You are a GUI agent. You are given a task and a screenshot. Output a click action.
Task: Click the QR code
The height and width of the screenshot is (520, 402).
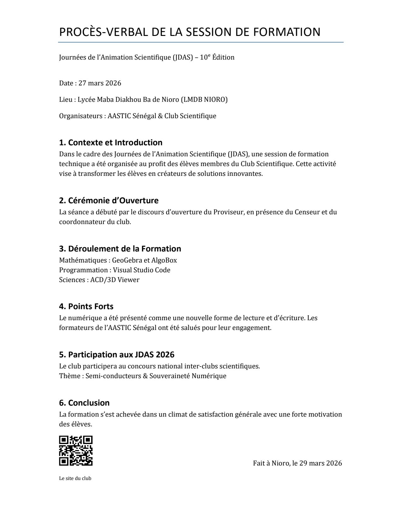point(76,451)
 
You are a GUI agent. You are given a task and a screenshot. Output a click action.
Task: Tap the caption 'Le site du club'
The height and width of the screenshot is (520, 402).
point(75,478)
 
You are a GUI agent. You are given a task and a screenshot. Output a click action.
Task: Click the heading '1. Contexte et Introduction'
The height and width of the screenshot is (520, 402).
point(111,142)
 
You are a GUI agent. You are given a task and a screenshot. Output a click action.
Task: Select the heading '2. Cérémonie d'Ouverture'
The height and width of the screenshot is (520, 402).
point(109,200)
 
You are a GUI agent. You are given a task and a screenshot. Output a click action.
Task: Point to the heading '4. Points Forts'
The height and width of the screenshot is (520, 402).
point(86,306)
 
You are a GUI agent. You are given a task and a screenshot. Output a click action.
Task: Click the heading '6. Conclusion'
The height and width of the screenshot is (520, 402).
point(84,403)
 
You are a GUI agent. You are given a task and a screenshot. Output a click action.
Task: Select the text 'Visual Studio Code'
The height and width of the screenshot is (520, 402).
point(142,270)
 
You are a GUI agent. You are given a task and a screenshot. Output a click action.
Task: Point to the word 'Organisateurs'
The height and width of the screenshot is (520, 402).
point(80,116)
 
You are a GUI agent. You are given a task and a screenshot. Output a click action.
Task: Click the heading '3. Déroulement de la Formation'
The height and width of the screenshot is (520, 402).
point(120,249)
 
